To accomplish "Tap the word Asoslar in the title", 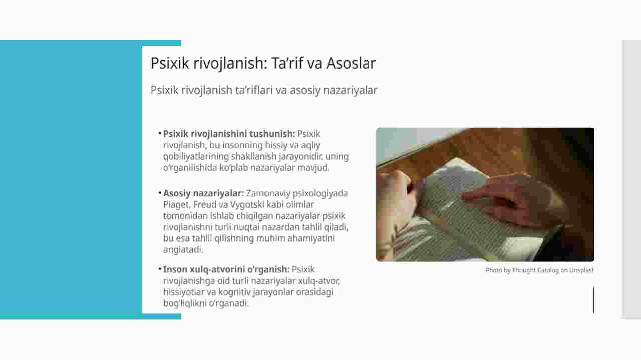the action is (351, 63).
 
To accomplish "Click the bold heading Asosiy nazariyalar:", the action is (203, 193).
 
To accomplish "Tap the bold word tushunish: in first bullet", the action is (272, 134).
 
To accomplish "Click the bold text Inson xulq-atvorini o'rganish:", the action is (226, 269).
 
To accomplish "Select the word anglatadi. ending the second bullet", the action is (183, 249).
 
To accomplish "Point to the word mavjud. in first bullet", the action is (313, 168).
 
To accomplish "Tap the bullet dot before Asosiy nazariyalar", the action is (160, 193).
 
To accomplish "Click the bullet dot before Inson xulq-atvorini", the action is (160, 269).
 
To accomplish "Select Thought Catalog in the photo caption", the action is (535, 270).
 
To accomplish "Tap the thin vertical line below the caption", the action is (593, 299).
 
